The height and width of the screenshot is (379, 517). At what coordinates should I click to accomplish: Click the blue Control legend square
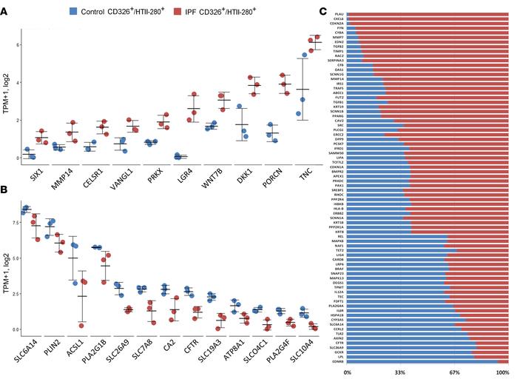point(74,11)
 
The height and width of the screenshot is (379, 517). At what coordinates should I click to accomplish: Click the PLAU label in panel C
point(339,14)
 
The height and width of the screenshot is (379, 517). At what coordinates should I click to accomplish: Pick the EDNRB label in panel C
point(337,361)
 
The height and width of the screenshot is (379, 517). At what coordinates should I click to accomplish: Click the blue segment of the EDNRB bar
point(414,361)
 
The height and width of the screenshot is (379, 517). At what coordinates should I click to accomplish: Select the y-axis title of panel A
point(6,96)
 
